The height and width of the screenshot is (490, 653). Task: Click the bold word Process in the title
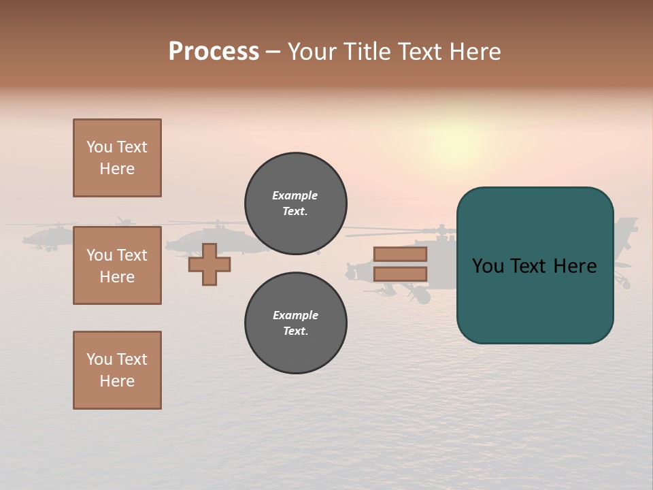pos(214,52)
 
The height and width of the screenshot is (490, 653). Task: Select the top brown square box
pos(117,158)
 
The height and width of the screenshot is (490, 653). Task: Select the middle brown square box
pos(117,265)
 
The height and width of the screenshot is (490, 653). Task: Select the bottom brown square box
pos(117,370)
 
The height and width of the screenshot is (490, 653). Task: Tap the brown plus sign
pos(210,264)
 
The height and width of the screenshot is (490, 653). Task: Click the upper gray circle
pos(295,203)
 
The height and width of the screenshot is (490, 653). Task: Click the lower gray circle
pos(295,323)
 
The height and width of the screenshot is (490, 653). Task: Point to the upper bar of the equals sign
pos(400,255)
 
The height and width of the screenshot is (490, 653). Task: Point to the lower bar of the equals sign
pos(400,274)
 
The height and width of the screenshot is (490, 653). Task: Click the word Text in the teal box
pos(529,266)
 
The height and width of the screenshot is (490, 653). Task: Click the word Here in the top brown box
pos(117,169)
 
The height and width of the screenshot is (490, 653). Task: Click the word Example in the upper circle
pos(295,195)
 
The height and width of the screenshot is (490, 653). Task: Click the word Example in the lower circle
pos(295,315)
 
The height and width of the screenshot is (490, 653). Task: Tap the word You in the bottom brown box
pos(99,359)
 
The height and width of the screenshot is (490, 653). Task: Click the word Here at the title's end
pos(477,52)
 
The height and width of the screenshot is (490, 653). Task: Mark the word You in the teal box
pos(488,266)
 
